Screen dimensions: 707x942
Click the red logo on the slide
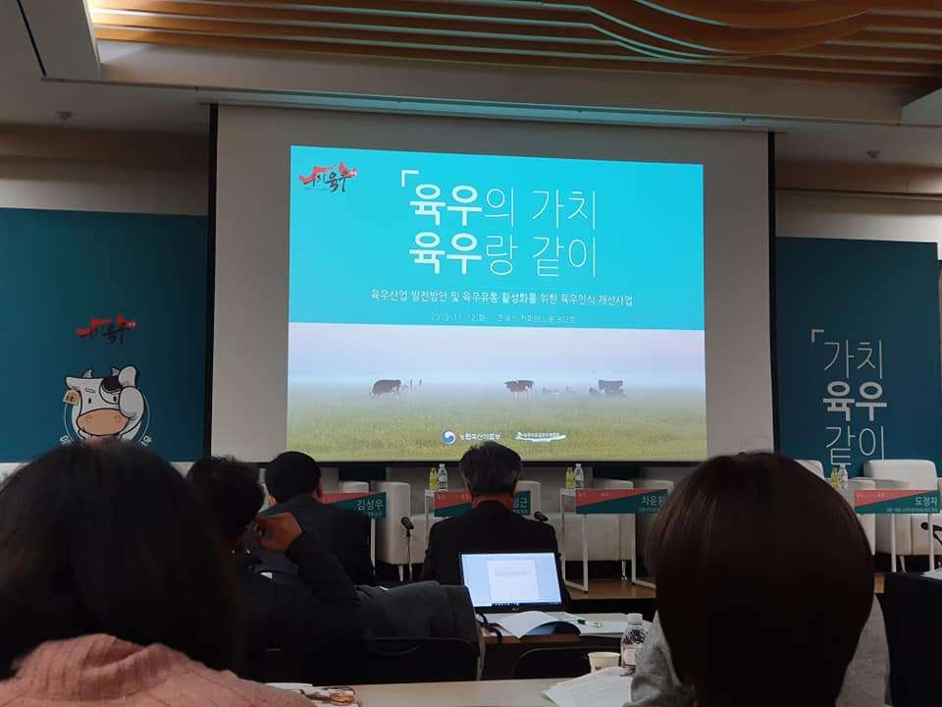[328, 179]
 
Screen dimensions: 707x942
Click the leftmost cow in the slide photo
[386, 387]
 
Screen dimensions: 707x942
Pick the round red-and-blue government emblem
[447, 437]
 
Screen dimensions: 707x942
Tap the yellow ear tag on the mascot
[71, 397]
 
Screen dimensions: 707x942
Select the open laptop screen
[512, 579]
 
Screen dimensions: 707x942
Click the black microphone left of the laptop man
[406, 525]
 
